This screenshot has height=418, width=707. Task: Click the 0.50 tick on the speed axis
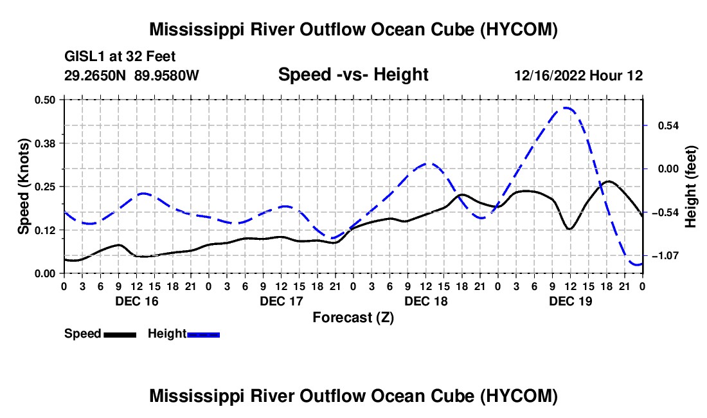pyautogui.click(x=44, y=100)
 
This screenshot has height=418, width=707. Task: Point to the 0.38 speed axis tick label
pyautogui.click(x=44, y=143)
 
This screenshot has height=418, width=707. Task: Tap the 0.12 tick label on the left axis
pyautogui.click(x=44, y=230)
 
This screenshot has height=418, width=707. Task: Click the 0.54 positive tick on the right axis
pyautogui.click(x=668, y=126)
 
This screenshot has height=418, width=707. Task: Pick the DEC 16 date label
pyautogui.click(x=137, y=301)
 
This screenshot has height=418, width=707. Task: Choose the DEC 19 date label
pyautogui.click(x=570, y=301)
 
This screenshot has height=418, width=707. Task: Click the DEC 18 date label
pyautogui.click(x=426, y=301)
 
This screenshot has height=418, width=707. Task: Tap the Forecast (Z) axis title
pyautogui.click(x=353, y=318)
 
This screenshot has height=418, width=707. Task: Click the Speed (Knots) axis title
pyautogui.click(x=23, y=186)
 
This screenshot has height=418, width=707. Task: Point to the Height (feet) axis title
pyautogui.click(x=691, y=186)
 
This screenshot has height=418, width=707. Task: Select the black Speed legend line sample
pyautogui.click(x=120, y=335)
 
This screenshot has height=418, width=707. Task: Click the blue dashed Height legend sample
pyautogui.click(x=203, y=335)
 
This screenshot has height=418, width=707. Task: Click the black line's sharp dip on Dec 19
pyautogui.click(x=569, y=229)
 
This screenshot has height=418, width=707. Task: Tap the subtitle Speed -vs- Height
pyautogui.click(x=353, y=75)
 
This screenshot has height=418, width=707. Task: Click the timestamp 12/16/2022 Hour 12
pyautogui.click(x=578, y=75)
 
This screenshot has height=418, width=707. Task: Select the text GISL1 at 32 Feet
pyautogui.click(x=120, y=57)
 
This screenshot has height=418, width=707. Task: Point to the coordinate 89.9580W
pyautogui.click(x=166, y=75)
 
